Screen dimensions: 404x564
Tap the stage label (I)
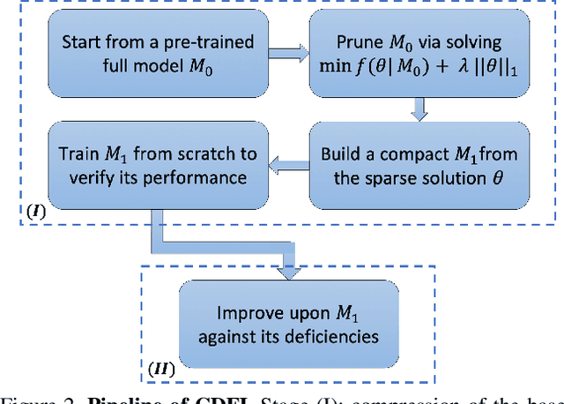point(36,213)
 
